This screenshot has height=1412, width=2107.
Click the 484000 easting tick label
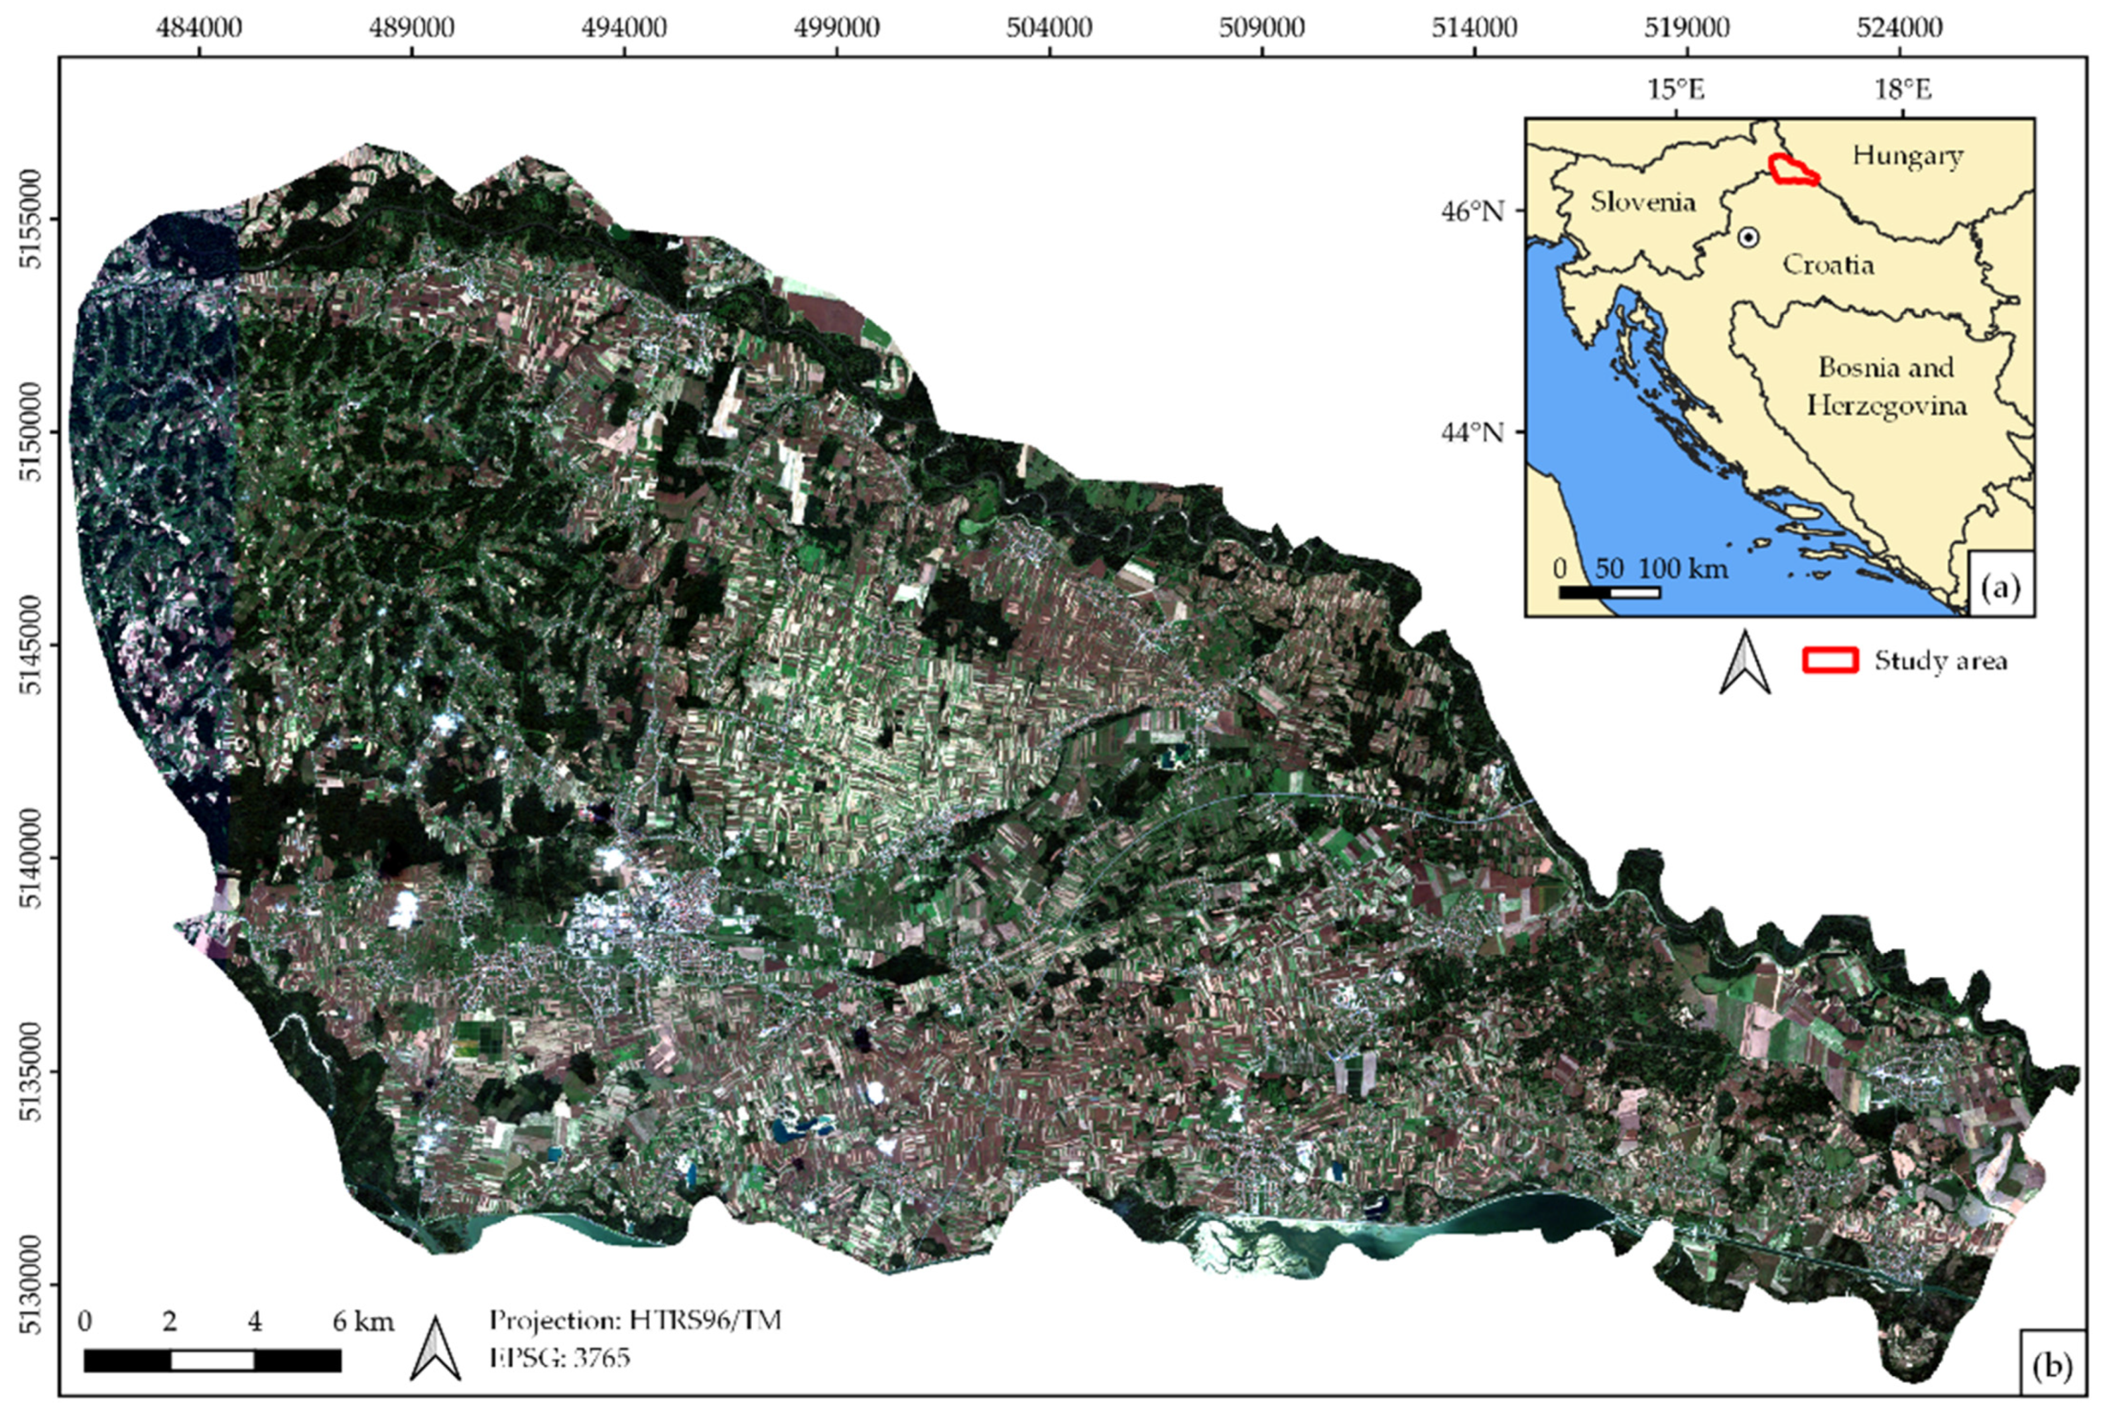tap(199, 28)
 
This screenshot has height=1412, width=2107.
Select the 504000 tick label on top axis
tap(1049, 28)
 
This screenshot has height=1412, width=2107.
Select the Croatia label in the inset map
tap(1828, 265)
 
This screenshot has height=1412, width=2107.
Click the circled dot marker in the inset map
tap(1748, 237)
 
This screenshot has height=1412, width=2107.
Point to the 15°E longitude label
tap(1676, 89)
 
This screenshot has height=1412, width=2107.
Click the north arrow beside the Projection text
tap(436, 1348)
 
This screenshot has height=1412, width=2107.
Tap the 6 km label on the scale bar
tap(363, 1322)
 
